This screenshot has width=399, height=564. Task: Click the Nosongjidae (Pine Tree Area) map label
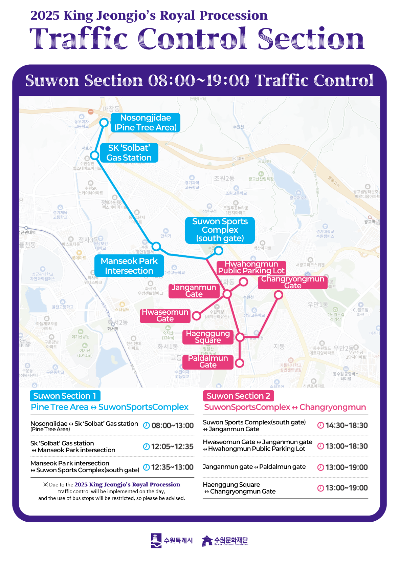pos(146,123)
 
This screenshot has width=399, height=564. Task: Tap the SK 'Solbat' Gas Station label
pos(129,153)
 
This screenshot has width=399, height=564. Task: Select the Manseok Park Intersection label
pos(129,266)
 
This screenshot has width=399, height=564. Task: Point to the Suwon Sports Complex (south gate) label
pos(220,230)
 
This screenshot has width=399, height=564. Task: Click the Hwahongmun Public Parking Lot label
pos(251,268)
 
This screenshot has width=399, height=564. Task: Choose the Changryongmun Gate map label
pos(292,283)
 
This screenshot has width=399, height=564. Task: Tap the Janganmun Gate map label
pos(194,291)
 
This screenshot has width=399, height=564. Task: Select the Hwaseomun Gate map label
pos(165,316)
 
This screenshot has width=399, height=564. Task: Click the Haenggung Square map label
pos(208,337)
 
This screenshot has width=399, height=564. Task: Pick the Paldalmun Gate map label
pos(208,362)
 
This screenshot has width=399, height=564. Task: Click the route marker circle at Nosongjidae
pos(104,122)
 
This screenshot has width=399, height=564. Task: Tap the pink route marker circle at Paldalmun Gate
pos(239,363)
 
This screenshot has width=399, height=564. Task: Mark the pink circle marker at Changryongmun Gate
pos(278,295)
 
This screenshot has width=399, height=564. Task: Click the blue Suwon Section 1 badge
pos(65,396)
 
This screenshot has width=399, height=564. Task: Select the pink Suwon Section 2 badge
pos(238,396)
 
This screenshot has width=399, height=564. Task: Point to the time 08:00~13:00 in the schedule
pos(173,426)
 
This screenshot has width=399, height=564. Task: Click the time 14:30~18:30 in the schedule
pos(347,426)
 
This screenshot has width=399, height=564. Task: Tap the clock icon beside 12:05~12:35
pos(146,447)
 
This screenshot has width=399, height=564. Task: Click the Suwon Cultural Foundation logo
pos(225,541)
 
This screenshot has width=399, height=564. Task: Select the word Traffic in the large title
pos(79,39)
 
